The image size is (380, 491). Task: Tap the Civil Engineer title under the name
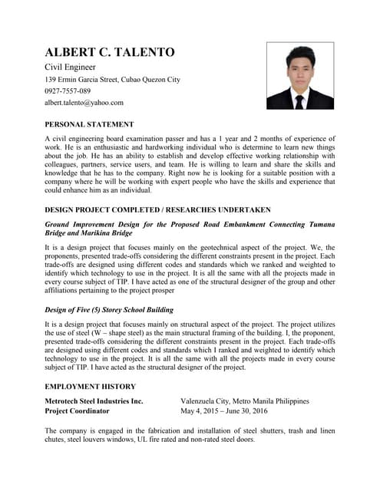coord(70,68)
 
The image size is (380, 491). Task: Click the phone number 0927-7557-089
coord(68,91)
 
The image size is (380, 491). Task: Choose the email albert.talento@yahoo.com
coord(84,102)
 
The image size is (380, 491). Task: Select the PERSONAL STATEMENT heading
coord(89,124)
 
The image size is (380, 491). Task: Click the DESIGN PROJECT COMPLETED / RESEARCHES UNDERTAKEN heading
coord(157,209)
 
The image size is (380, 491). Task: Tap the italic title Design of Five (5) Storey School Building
coord(109,310)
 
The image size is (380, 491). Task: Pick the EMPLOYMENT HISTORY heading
coord(91,387)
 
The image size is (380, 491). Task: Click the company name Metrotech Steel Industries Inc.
coord(94,401)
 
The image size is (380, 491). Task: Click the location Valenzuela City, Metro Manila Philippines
coord(244,401)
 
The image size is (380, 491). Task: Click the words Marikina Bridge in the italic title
coord(107,232)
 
